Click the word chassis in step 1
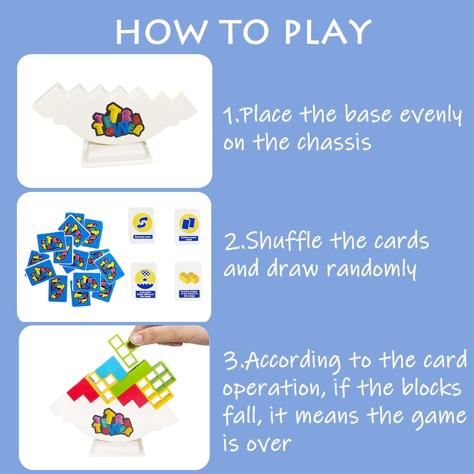(x=334, y=142)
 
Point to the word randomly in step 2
(x=372, y=269)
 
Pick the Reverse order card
(x=141, y=225)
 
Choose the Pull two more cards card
(x=188, y=227)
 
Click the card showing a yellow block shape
(x=188, y=281)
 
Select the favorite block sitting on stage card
(x=144, y=281)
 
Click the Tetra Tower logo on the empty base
(x=118, y=120)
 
